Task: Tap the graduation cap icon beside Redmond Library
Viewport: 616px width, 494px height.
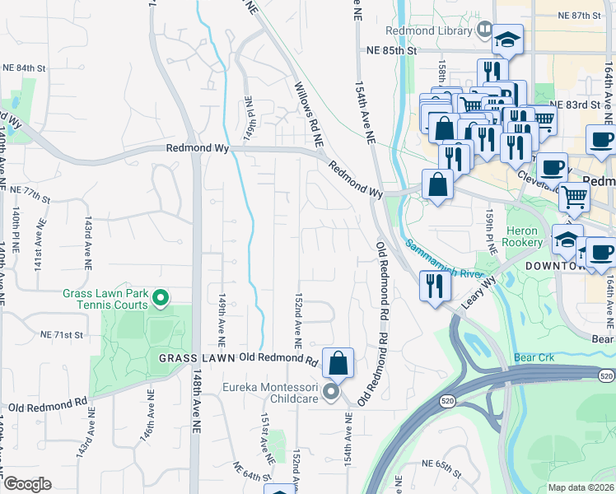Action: click(x=507, y=39)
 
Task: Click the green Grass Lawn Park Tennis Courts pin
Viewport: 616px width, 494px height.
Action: click(x=161, y=298)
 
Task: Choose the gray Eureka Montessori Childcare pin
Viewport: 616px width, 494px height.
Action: click(x=330, y=392)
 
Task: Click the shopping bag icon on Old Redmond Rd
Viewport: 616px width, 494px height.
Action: click(x=338, y=362)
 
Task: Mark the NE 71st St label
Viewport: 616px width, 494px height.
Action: click(x=63, y=335)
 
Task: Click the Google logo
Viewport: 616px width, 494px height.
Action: click(x=27, y=484)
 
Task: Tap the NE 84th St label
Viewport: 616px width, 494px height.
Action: click(x=24, y=68)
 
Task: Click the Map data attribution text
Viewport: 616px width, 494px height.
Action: click(x=581, y=487)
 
